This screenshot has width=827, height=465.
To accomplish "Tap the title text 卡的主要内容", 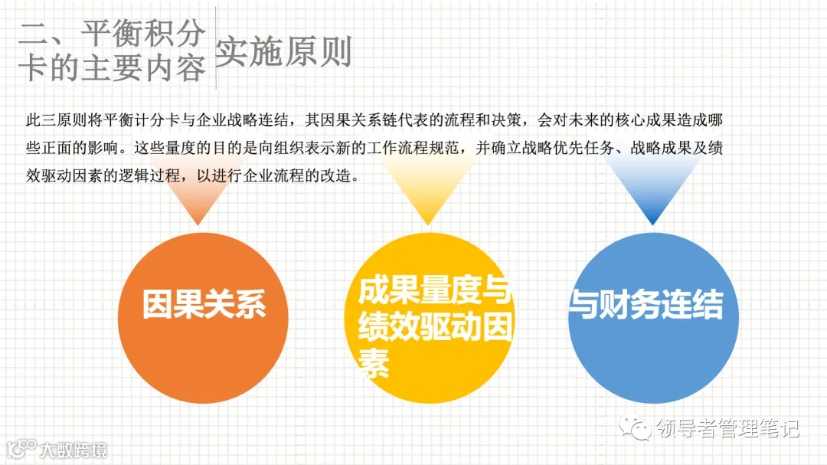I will (113, 67).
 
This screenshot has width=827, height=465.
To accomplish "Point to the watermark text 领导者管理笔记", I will (727, 428).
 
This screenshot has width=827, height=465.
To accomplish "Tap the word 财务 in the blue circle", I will (619, 305).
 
